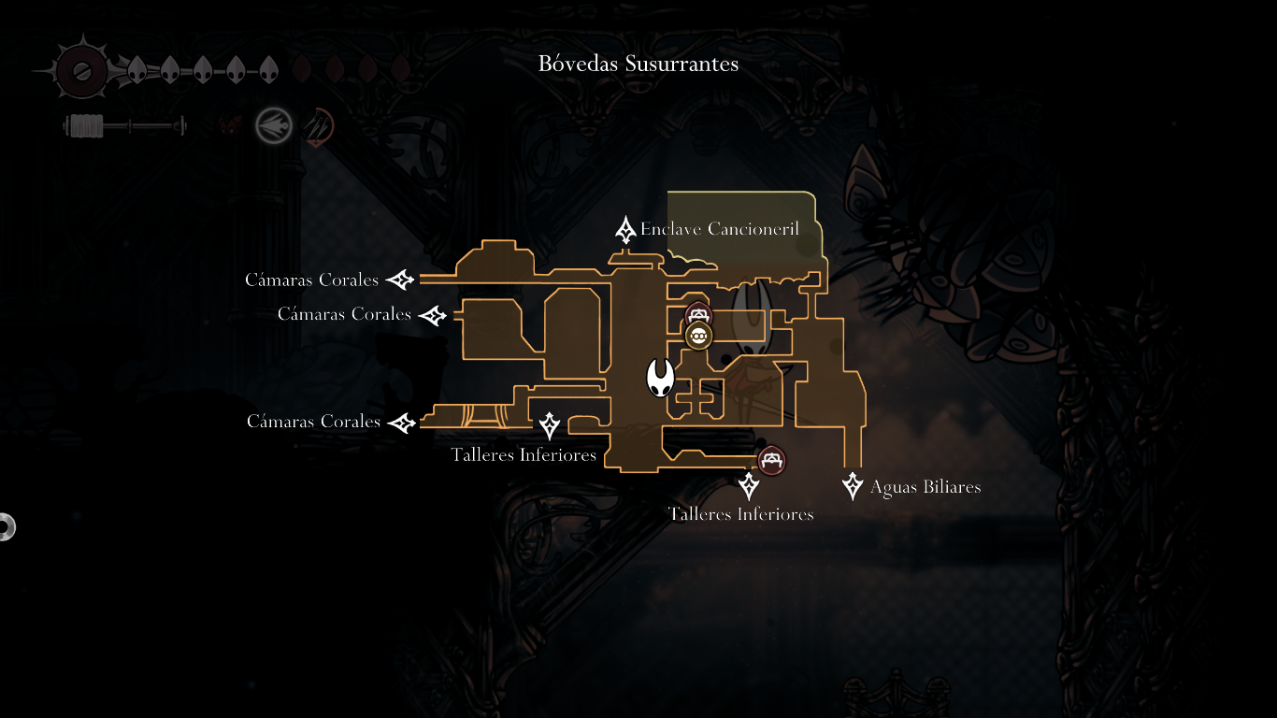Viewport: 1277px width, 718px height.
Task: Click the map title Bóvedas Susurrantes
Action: point(638,64)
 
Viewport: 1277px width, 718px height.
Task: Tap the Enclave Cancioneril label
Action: point(719,229)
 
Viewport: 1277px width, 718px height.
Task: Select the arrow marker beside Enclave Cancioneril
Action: point(625,229)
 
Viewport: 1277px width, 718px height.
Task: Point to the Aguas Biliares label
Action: point(925,487)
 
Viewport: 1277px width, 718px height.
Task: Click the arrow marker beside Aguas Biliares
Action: point(852,486)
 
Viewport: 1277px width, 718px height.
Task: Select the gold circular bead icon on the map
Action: point(698,336)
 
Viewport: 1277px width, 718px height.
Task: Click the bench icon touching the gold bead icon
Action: point(698,314)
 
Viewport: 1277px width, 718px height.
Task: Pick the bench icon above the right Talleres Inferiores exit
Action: point(771,460)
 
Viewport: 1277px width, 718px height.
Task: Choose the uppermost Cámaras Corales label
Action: point(311,280)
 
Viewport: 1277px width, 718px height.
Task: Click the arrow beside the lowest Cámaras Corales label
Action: point(402,423)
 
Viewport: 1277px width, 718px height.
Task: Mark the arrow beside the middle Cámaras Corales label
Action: point(433,315)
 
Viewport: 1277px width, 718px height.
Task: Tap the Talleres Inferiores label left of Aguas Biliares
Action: point(740,514)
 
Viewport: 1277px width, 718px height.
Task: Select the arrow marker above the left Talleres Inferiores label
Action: point(549,426)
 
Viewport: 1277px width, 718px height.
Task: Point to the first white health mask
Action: point(136,69)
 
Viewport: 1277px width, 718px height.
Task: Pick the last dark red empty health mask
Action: point(400,69)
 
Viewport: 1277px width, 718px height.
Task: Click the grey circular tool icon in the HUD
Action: point(274,125)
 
